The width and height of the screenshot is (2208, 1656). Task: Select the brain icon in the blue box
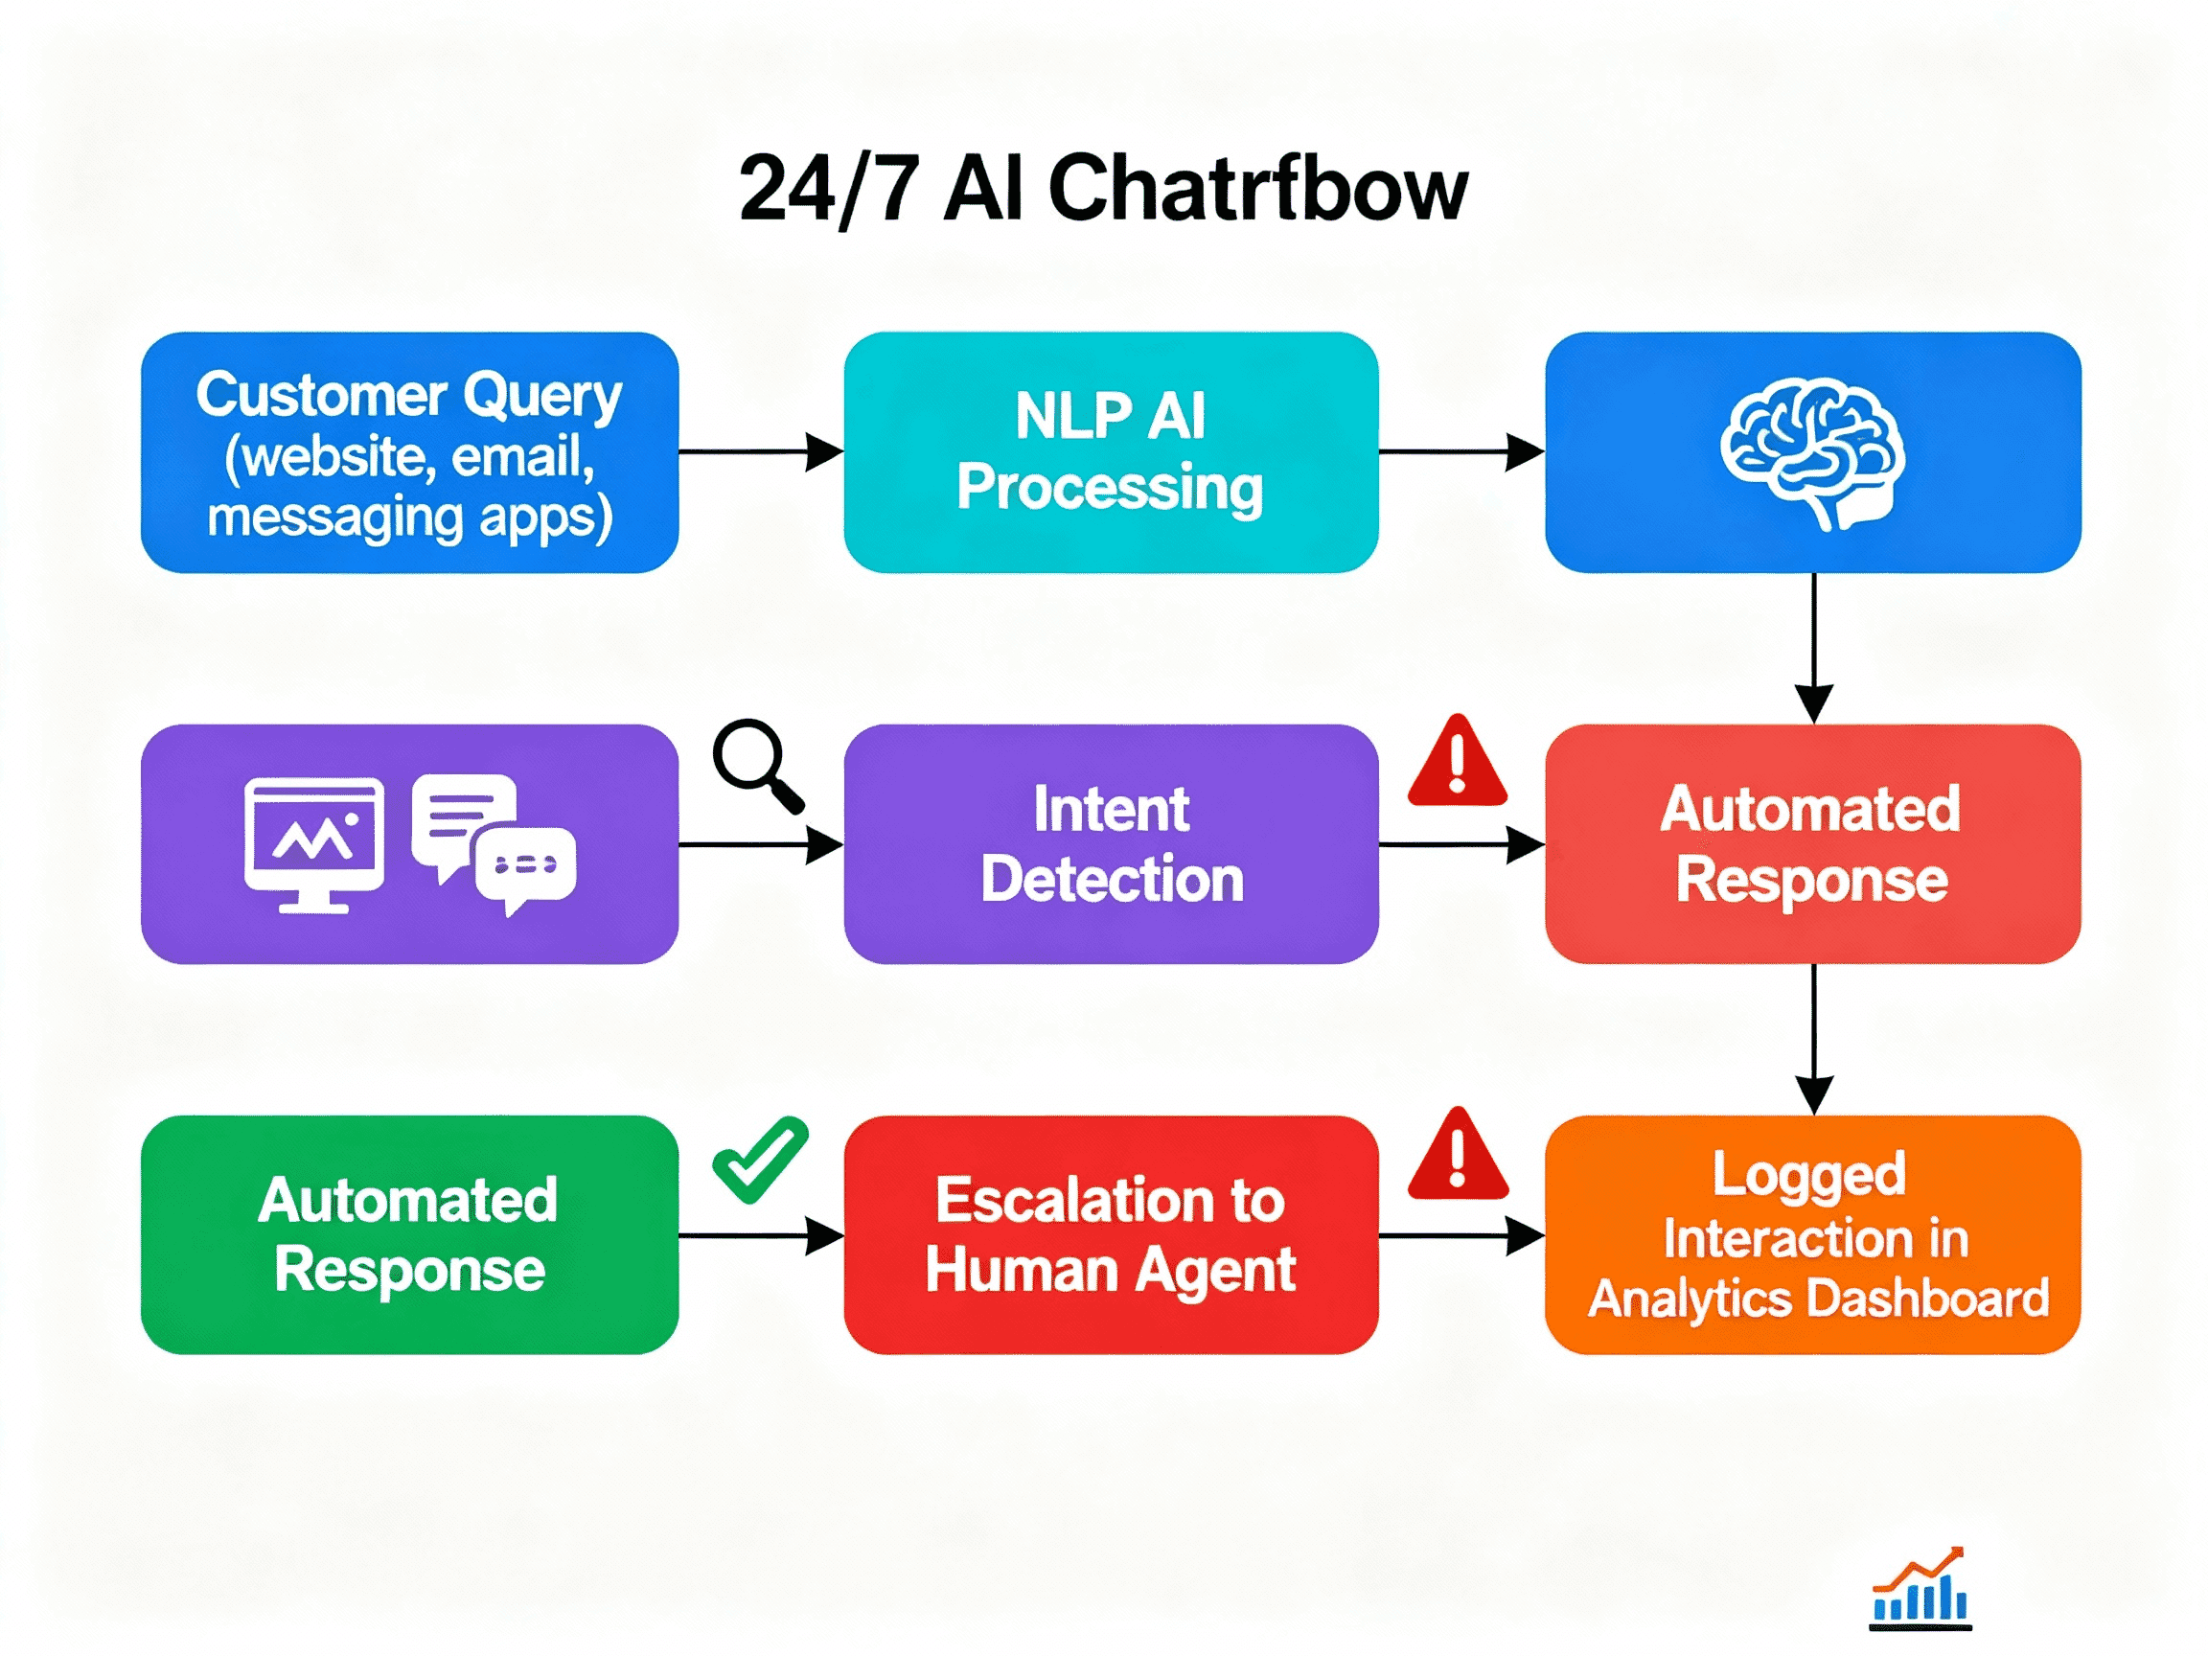point(1811,452)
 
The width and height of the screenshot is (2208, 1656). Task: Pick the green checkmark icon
point(761,1160)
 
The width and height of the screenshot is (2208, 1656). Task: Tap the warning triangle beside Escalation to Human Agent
point(1458,1156)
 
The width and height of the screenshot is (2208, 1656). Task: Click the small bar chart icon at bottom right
point(1920,1589)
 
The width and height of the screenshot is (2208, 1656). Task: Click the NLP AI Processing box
point(1111,452)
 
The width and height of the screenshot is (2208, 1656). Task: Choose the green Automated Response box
point(409,1234)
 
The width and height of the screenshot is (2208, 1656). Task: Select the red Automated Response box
point(1811,843)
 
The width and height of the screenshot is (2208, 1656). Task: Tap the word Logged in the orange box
point(1809,1174)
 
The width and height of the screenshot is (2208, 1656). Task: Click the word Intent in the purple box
point(1111,809)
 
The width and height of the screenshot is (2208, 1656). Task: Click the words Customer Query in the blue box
point(409,395)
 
